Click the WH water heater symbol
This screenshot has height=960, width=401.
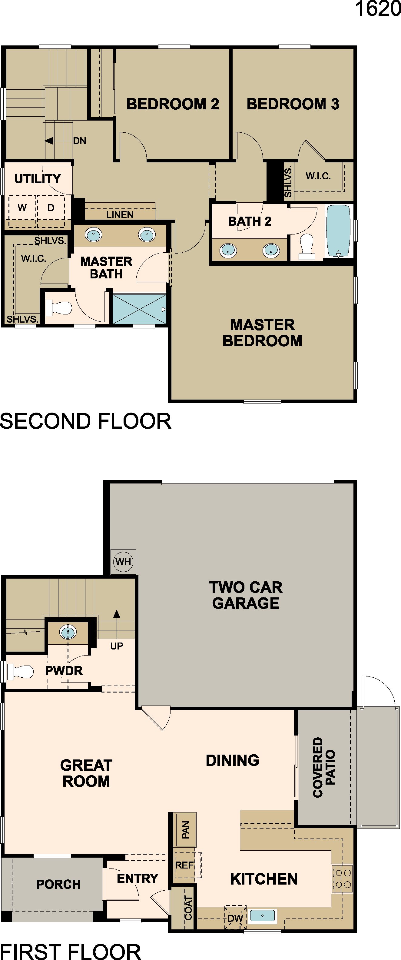point(123,561)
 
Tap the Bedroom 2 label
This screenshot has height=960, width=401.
point(173,104)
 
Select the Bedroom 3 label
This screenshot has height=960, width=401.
point(293,104)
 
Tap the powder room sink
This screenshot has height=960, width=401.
point(68,632)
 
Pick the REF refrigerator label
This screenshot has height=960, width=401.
point(184,865)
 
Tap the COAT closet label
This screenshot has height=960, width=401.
point(188,908)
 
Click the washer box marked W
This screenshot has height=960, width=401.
point(22,208)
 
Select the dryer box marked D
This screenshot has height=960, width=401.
point(51,208)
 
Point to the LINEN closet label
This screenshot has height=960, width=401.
point(120,215)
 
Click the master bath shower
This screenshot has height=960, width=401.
point(139,309)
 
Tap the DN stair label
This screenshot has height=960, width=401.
point(79,141)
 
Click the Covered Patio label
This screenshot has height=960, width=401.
point(324,767)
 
